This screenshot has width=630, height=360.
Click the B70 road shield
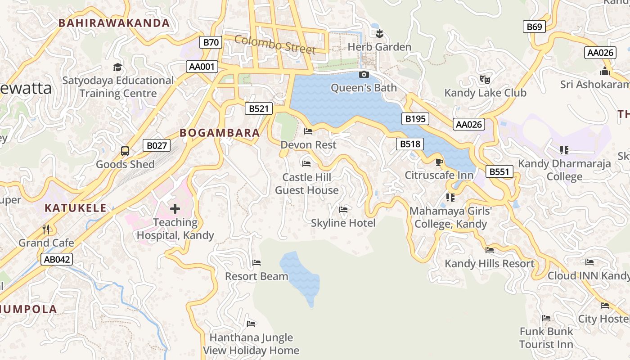[x=211, y=43]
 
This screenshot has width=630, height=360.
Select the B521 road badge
[x=259, y=108]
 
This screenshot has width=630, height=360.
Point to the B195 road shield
[x=415, y=119]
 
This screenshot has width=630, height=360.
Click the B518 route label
[x=410, y=144]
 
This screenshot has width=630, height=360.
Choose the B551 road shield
[x=499, y=171]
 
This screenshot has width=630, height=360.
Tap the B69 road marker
[x=534, y=27]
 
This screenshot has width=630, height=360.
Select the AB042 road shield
[x=56, y=259]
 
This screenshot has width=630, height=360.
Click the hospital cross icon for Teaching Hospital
[x=175, y=208]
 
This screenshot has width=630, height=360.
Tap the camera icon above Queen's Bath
[x=364, y=74]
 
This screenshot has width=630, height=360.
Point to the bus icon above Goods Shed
[x=125, y=151]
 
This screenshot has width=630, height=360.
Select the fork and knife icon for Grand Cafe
[x=46, y=229]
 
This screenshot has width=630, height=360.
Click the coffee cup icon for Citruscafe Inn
[x=439, y=162]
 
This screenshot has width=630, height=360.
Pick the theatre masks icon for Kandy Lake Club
[x=485, y=80]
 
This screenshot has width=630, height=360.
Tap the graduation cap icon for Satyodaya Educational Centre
[x=117, y=67]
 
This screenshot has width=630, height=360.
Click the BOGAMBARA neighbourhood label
[x=220, y=133]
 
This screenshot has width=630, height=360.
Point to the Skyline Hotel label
[x=343, y=223]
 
